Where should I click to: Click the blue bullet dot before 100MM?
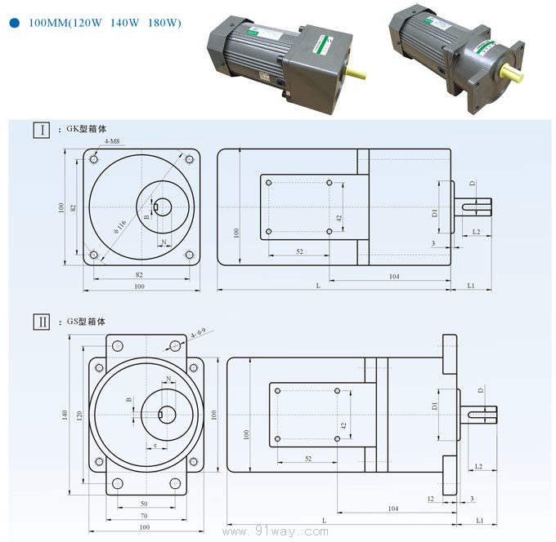15,24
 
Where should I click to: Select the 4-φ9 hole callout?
197,334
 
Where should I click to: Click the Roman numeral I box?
39,130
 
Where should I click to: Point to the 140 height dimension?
65,415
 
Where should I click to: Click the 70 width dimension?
144,516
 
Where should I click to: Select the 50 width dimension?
144,504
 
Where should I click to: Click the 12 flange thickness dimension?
430,497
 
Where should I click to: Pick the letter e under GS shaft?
155,445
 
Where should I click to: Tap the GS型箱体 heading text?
87,322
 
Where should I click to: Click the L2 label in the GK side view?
476,233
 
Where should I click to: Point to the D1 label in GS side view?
434,406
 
